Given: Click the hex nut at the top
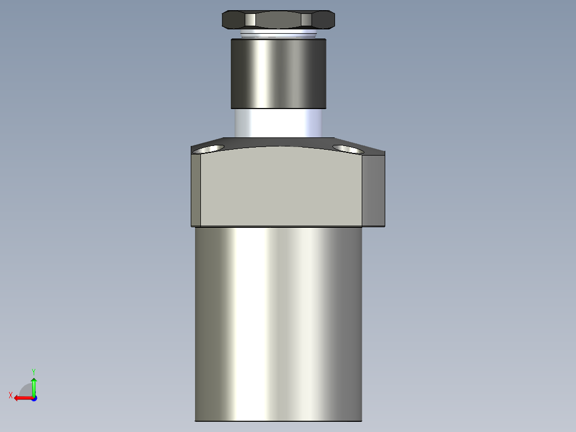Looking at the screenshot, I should (278, 20).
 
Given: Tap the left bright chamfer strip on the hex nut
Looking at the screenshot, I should (251, 20).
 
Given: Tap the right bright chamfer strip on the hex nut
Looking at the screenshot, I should (306, 20).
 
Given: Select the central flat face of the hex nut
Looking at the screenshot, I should (278, 20).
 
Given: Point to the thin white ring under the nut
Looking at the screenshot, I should (278, 35).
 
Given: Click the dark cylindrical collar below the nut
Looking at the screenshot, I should (278, 73).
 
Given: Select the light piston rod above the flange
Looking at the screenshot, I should (278, 122).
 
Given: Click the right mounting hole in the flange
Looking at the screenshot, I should (347, 149).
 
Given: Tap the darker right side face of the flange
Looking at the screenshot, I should (373, 190).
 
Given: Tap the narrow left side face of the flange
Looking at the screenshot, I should (196, 190).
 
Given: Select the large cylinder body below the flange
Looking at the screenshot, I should (278, 321).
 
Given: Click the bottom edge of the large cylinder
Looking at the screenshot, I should (278, 421).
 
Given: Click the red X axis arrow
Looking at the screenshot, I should (21, 398).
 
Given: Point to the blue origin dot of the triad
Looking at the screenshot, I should (34, 398).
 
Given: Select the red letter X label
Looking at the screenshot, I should (11, 395).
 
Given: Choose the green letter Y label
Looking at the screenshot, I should (34, 371).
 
